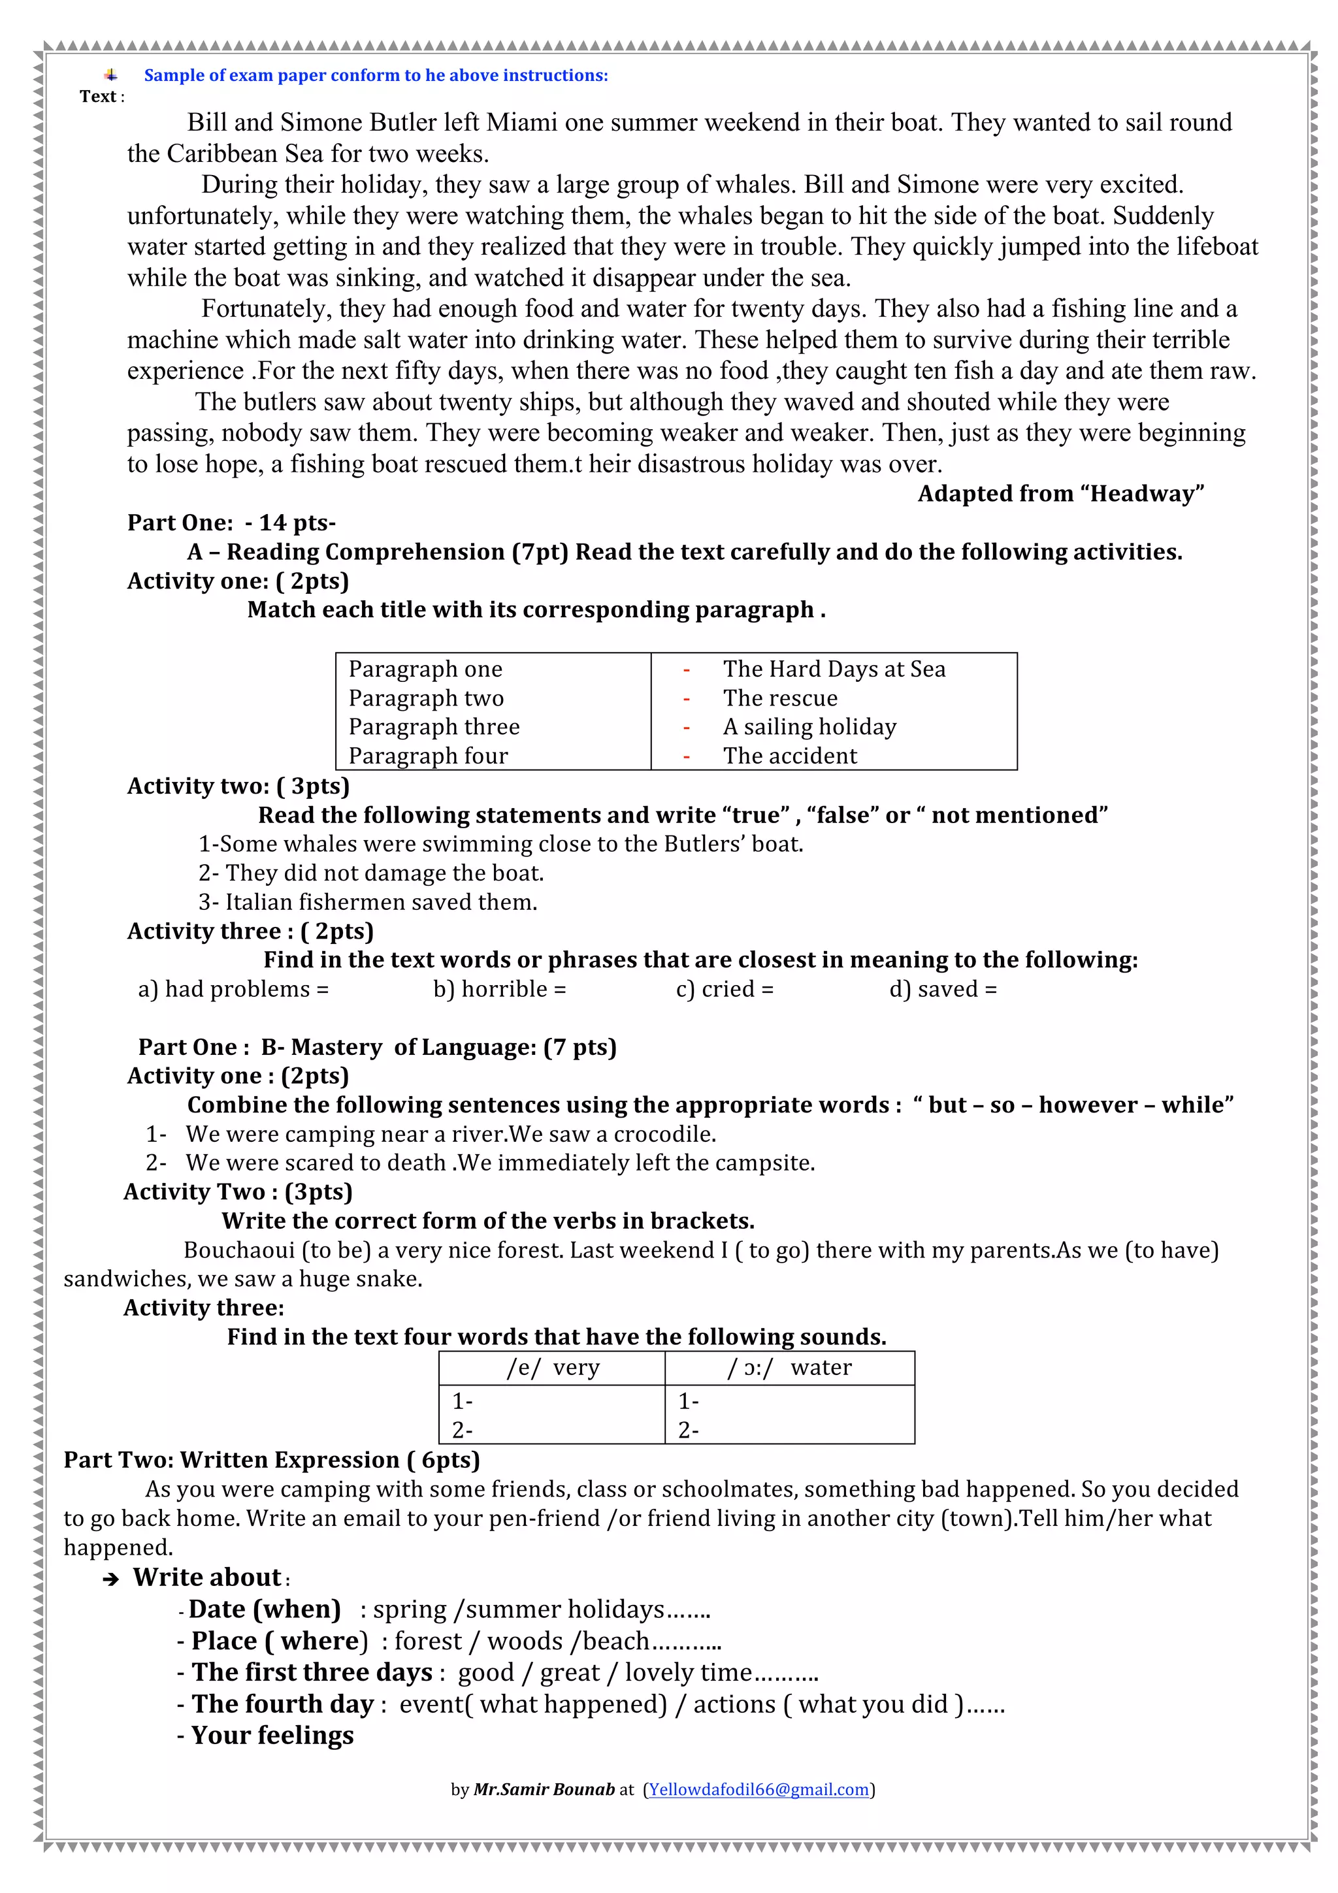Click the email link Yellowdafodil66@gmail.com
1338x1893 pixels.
click(759, 1789)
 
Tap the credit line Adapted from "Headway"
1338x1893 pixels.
click(1060, 494)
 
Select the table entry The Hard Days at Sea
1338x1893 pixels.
click(834, 669)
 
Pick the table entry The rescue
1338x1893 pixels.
click(780, 698)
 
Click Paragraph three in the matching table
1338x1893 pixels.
click(434, 727)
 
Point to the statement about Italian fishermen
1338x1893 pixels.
click(368, 903)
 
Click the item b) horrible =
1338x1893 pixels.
click(500, 990)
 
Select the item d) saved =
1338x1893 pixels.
click(942, 990)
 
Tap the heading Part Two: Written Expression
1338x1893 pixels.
click(271, 1460)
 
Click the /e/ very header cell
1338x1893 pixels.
click(552, 1368)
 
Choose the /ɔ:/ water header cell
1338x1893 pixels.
click(789, 1368)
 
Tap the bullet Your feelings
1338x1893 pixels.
click(272, 1736)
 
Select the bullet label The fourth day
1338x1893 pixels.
click(283, 1704)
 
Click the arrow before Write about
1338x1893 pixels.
click(110, 1579)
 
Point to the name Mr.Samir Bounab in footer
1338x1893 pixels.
click(544, 1789)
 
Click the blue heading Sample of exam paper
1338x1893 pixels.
click(376, 76)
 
